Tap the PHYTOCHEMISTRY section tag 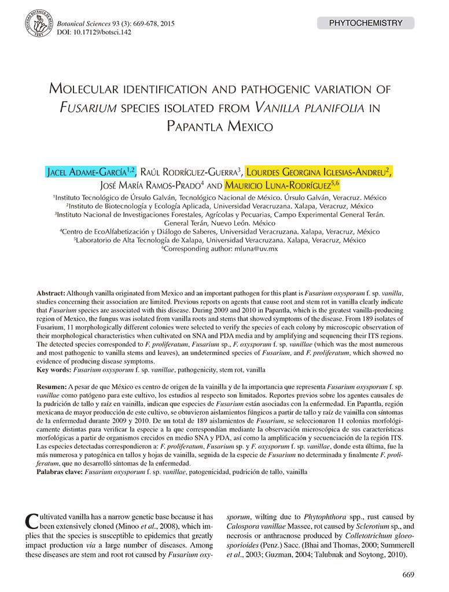tap(365, 23)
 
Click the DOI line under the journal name tap(94, 32)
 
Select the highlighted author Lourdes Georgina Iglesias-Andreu tap(319, 172)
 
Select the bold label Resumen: tap(51, 386)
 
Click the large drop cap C tap(32, 522)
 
